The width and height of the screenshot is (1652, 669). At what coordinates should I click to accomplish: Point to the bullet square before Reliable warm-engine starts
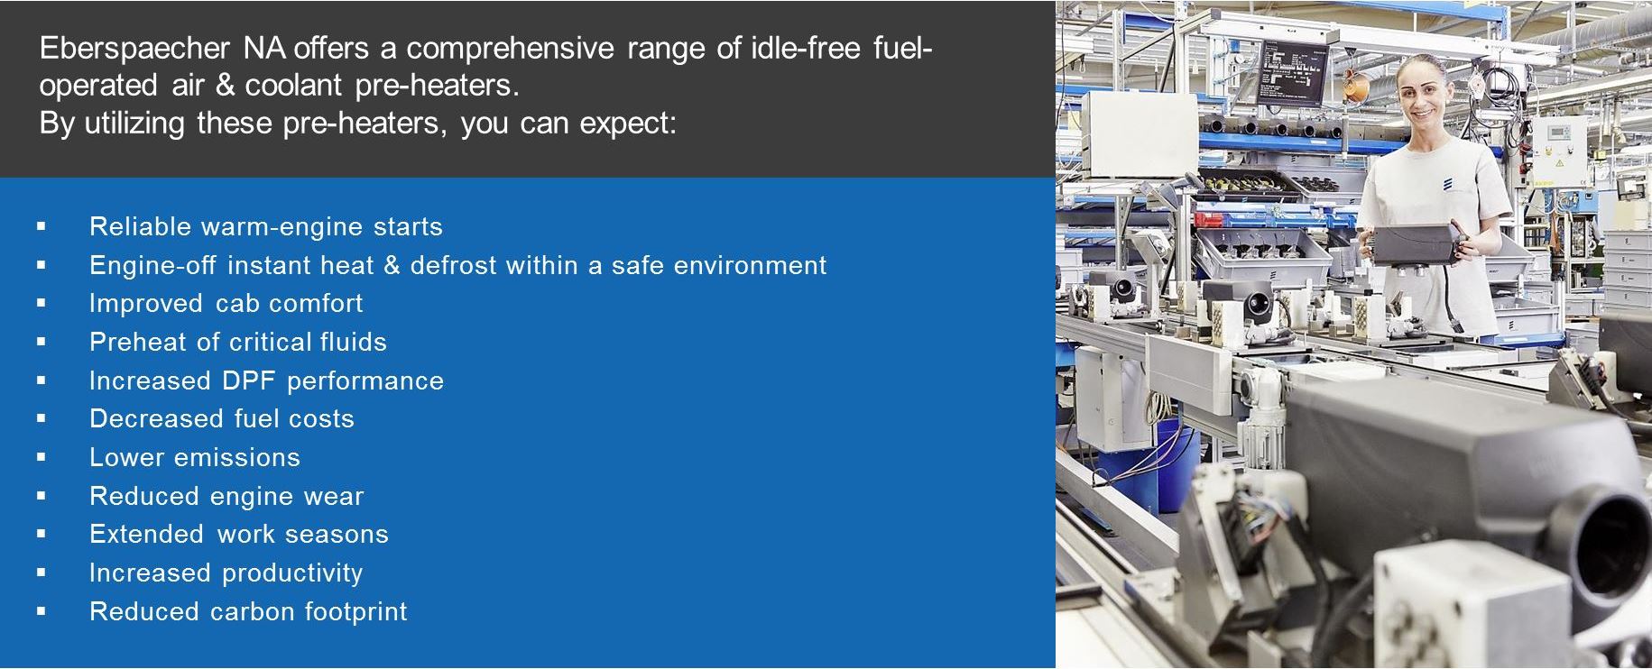42,227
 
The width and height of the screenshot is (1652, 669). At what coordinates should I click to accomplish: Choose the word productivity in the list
293,573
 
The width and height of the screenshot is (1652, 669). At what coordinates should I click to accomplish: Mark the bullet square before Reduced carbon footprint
42,611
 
